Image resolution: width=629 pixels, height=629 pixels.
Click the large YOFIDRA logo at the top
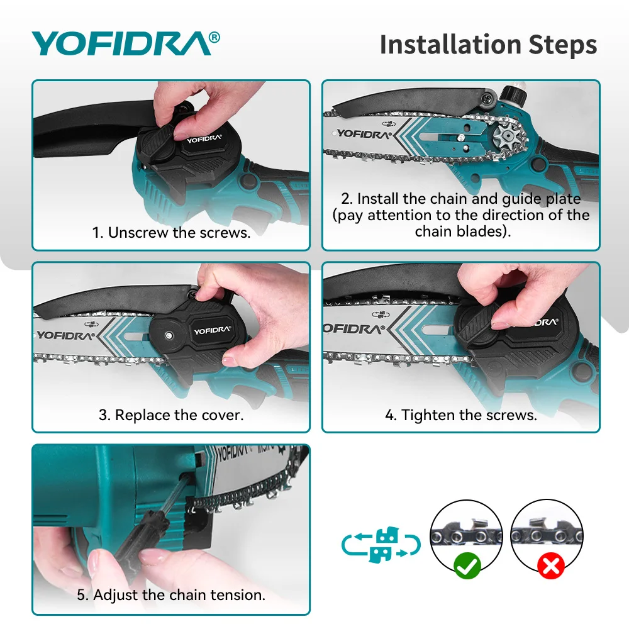point(126,43)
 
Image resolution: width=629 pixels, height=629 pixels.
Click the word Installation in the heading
point(450,44)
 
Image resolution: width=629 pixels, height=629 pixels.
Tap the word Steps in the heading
point(563,45)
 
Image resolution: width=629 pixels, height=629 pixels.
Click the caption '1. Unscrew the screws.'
point(171,232)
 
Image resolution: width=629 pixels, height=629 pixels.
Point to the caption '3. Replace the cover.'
point(171,415)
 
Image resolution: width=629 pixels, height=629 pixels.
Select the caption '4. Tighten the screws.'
point(461,415)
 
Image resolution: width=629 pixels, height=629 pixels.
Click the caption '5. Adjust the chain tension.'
point(171,595)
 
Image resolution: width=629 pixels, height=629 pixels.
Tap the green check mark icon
point(467,565)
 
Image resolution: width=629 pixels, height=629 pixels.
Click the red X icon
point(551,565)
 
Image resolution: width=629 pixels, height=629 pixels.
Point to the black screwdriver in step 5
point(148,525)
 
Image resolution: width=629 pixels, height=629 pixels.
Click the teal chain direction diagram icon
point(381,544)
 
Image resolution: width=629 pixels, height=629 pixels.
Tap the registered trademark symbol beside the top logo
point(214,37)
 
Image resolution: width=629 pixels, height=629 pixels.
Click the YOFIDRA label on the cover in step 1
point(204,139)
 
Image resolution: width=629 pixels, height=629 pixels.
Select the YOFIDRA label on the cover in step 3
point(212,330)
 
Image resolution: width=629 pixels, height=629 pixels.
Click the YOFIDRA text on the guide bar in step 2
point(364,134)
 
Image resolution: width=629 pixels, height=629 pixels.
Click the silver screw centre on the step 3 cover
point(169,335)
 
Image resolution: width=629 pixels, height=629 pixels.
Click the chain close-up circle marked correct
point(466,535)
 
